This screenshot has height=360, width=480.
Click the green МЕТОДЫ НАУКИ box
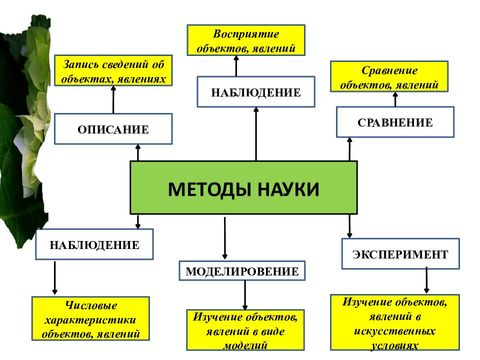point(243,187)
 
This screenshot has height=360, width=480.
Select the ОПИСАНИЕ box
point(113,129)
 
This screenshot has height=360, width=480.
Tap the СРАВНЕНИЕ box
point(395,122)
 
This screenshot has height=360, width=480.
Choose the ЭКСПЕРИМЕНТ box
point(400,254)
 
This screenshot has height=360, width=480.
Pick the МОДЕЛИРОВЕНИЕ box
point(242,271)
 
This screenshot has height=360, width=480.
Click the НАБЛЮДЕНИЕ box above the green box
point(256,92)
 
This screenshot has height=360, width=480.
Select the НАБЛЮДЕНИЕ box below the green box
point(94,244)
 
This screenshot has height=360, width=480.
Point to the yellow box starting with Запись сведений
point(113,70)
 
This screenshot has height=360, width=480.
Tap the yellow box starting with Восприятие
point(245,40)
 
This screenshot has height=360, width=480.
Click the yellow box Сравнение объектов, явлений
point(389,76)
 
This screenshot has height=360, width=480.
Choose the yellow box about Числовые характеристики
point(90,319)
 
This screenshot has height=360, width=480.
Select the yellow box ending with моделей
point(245,329)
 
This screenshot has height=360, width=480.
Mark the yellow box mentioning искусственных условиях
point(395,322)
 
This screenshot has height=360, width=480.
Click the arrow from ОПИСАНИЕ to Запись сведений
point(113,99)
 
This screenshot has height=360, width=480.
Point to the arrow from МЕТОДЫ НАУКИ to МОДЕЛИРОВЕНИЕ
point(225,237)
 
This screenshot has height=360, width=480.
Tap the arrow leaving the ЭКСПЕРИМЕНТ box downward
point(426,280)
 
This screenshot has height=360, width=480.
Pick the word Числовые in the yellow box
point(90,305)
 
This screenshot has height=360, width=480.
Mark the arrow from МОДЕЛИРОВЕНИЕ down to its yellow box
point(245,294)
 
